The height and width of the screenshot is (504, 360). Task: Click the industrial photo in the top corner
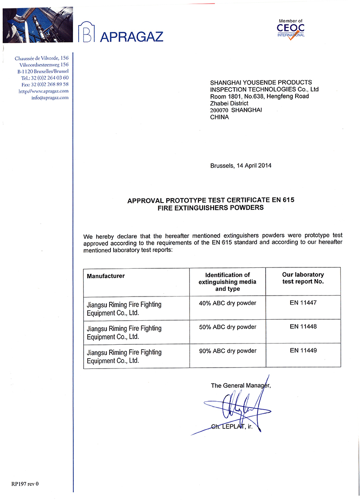38,26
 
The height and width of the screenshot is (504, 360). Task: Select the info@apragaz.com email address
50,97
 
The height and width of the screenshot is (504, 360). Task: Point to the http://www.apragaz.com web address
44,91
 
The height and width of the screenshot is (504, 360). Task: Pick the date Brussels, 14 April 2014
241,165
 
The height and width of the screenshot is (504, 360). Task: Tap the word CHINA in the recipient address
219,117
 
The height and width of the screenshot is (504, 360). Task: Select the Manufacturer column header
106,276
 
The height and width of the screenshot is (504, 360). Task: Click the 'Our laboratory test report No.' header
303,278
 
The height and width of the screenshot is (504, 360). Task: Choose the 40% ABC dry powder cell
228,303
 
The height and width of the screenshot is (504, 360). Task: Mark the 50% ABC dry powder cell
228,327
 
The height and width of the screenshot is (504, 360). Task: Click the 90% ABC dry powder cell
228,351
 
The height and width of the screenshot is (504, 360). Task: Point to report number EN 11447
303,303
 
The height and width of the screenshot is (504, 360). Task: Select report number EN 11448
303,327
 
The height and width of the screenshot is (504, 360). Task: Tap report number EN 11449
303,351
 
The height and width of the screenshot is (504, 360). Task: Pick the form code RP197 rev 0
25,483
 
